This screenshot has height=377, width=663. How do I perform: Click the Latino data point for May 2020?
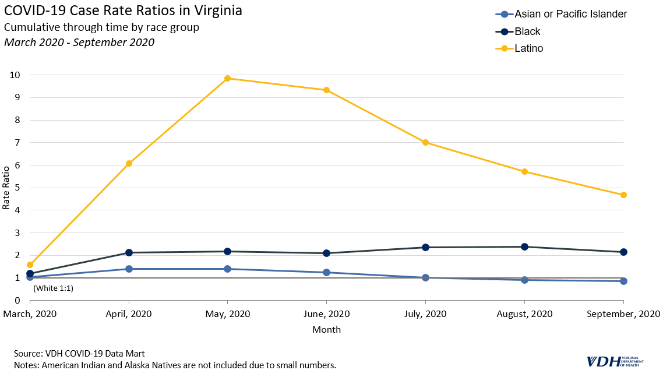click(227, 78)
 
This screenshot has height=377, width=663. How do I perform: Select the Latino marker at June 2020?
click(326, 90)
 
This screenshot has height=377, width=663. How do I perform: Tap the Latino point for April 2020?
click(129, 163)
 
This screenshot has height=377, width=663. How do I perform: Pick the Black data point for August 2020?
click(524, 246)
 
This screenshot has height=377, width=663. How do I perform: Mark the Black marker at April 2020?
click(129, 252)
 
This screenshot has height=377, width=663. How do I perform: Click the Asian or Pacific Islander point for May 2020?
click(227, 269)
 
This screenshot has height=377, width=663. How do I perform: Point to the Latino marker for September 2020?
click(623, 195)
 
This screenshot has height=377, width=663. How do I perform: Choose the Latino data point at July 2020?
click(425, 142)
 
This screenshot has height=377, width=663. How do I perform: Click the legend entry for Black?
click(527, 31)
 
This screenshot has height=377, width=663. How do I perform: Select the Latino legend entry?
click(528, 48)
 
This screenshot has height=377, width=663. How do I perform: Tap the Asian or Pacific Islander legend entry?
click(570, 14)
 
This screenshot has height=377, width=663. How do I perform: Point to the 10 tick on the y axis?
click(15, 75)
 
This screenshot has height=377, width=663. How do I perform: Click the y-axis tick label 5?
click(17, 188)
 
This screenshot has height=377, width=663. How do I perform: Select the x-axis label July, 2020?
click(425, 313)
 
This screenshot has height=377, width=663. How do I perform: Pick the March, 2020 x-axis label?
click(30, 313)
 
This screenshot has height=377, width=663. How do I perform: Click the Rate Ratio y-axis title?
click(6, 188)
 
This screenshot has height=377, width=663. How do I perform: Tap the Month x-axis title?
click(326, 329)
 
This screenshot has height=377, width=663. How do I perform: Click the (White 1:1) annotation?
click(53, 288)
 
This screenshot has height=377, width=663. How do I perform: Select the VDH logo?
click(615, 361)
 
